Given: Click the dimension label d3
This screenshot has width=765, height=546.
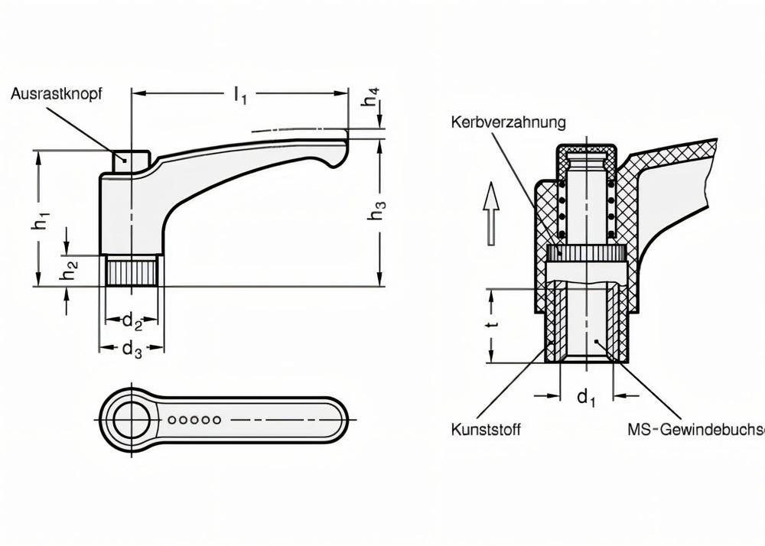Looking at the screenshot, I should [x=132, y=349].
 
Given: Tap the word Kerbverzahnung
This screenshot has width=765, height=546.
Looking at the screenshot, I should [x=508, y=122].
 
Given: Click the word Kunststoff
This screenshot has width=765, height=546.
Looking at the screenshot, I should [x=486, y=430].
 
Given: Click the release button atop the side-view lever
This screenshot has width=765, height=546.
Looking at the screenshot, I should [x=131, y=161].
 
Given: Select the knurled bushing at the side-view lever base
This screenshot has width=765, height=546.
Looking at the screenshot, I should [x=131, y=271].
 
